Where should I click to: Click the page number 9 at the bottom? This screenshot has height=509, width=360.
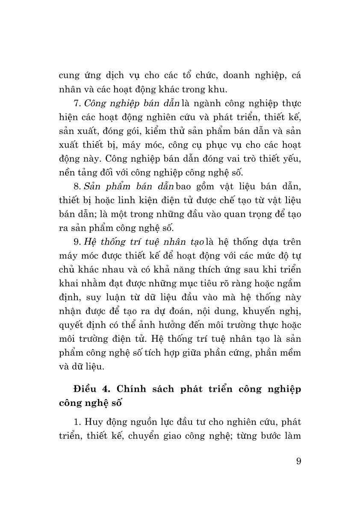pyautogui.click(x=298, y=462)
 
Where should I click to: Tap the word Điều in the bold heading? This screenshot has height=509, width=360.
pyautogui.click(x=85, y=390)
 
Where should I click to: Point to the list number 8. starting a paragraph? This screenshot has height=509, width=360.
pyautogui.click(x=77, y=185)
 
